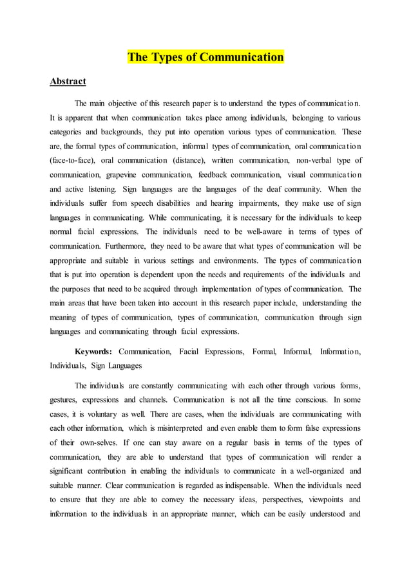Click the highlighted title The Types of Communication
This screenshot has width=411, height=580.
[205, 57]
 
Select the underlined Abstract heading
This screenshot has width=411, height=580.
[68, 82]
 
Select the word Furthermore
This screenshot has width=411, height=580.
[128, 246]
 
